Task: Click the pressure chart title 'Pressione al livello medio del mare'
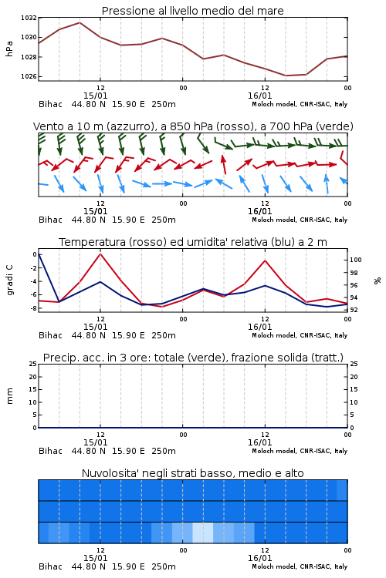click(x=192, y=11)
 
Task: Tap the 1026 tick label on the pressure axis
click(x=29, y=76)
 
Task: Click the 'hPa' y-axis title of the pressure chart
click(x=9, y=49)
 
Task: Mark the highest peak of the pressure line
click(x=80, y=22)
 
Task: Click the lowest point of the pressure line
click(x=286, y=76)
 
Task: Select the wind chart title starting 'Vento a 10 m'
click(x=193, y=126)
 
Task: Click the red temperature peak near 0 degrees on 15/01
click(x=100, y=254)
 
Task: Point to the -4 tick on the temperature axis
click(x=33, y=281)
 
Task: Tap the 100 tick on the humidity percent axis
click(x=356, y=260)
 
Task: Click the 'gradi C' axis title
click(x=9, y=281)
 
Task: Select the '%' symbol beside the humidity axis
click(x=378, y=281)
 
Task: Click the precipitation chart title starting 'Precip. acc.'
click(x=193, y=358)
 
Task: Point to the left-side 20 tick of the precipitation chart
click(x=33, y=377)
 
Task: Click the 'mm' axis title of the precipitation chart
click(x=9, y=396)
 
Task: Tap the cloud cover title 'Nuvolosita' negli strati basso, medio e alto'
click(x=192, y=473)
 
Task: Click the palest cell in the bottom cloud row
click(x=203, y=533)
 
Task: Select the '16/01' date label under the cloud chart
click(x=259, y=558)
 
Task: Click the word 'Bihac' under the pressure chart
click(x=51, y=104)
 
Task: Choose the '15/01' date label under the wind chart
click(x=95, y=211)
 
